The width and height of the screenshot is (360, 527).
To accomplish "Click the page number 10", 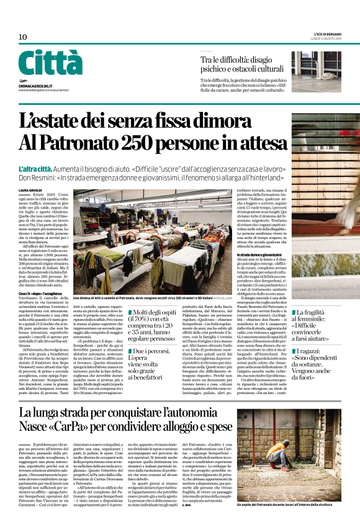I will click(x=23, y=37).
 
